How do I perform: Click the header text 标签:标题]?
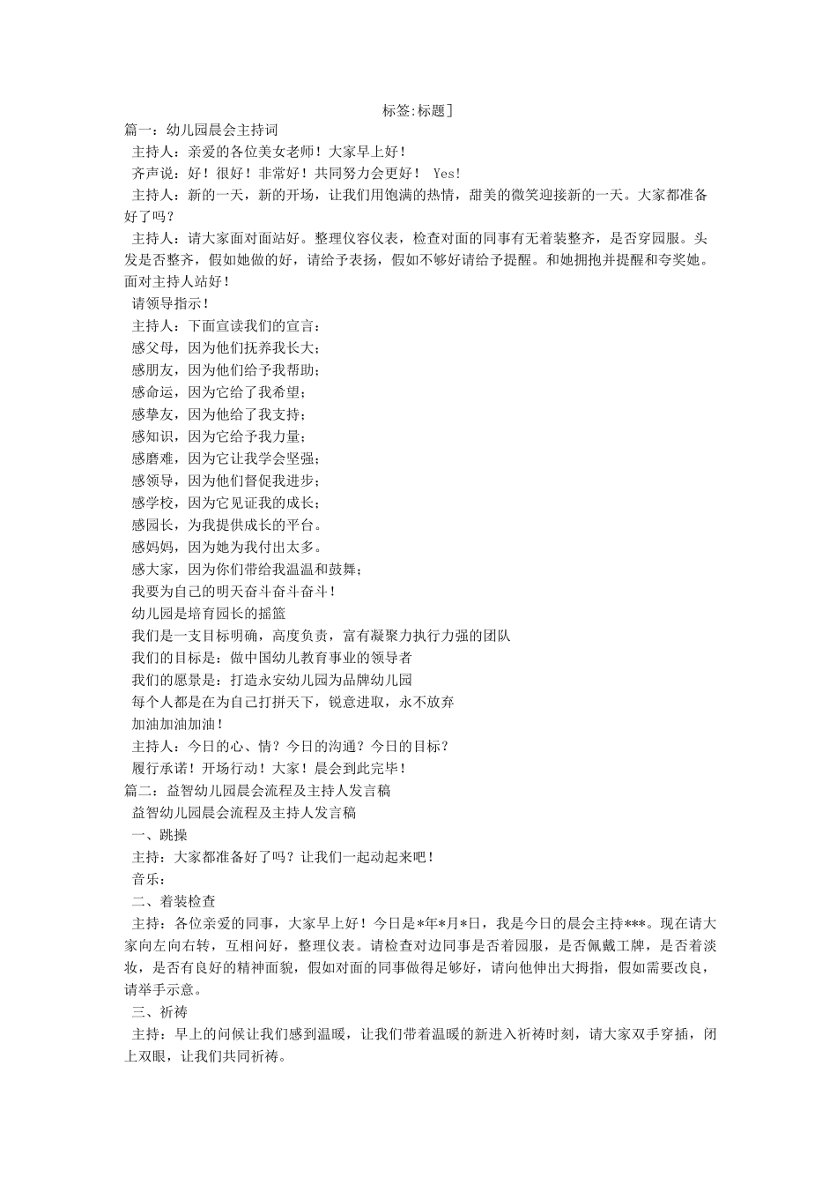(418, 111)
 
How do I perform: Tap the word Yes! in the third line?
(447, 174)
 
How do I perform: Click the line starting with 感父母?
(226, 347)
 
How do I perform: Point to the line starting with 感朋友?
(226, 369)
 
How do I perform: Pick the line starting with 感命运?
(219, 392)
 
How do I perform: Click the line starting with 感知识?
(219, 436)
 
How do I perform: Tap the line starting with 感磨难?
(226, 458)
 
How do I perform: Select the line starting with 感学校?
(226, 503)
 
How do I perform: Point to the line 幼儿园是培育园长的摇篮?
(209, 614)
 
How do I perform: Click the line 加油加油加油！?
(178, 724)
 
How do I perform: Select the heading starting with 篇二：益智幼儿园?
(258, 791)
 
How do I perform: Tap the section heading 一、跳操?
(159, 835)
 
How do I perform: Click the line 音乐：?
(149, 879)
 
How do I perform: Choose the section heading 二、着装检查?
(174, 901)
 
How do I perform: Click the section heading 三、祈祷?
(159, 1011)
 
